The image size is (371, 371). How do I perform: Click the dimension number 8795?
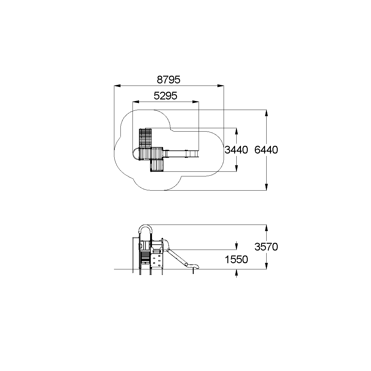click(x=168, y=79)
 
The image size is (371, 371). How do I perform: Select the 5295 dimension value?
click(x=165, y=96)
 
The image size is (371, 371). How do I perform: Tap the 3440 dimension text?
click(x=236, y=150)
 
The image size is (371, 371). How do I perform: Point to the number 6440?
click(x=266, y=150)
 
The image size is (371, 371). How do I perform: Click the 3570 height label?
click(x=266, y=247)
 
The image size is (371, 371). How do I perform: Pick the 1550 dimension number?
click(x=236, y=259)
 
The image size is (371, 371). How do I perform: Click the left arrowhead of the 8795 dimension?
click(x=117, y=86)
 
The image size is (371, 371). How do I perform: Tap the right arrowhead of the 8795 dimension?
click(x=221, y=86)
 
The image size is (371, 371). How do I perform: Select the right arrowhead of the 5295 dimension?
click(x=196, y=102)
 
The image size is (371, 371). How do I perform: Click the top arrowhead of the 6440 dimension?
click(x=267, y=113)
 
